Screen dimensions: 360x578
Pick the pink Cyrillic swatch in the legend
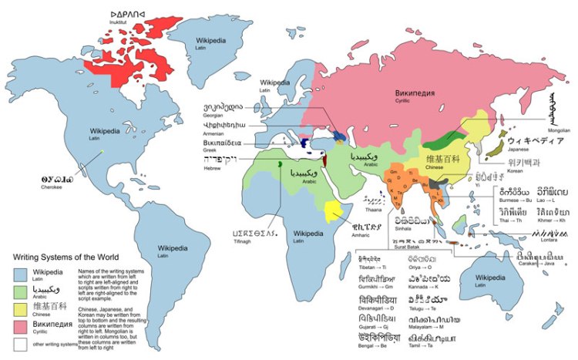pyautogui.click(x=21, y=328)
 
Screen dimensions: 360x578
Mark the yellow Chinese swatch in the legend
pyautogui.click(x=21, y=310)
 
